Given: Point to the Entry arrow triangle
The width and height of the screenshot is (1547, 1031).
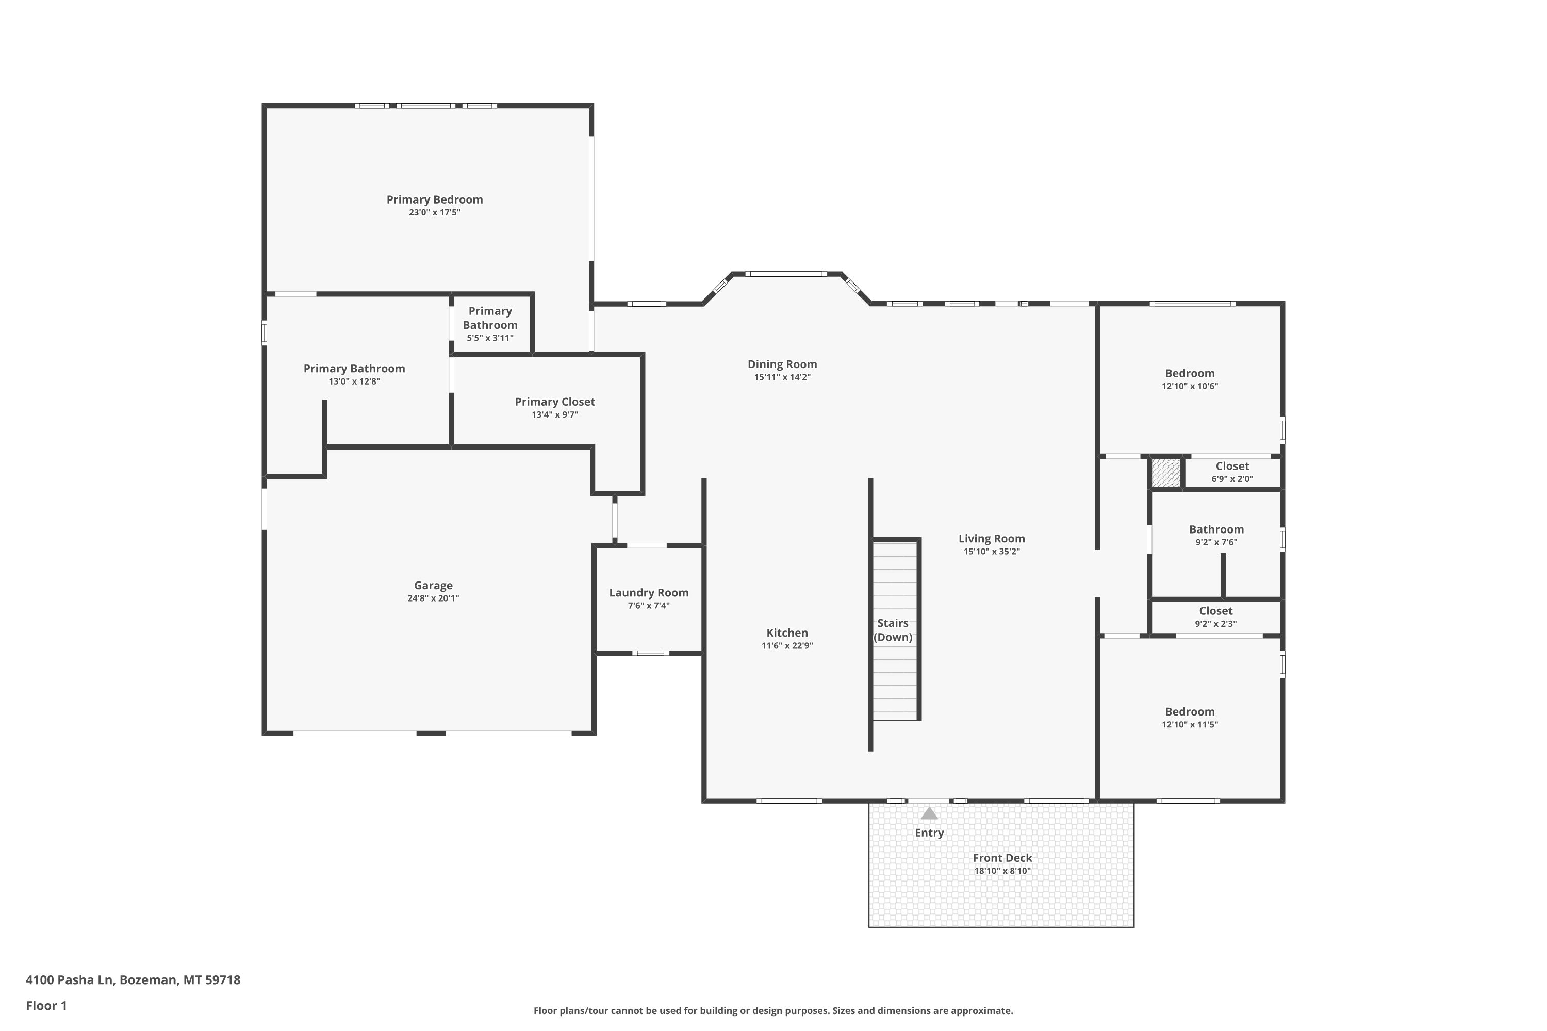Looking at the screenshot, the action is [929, 813].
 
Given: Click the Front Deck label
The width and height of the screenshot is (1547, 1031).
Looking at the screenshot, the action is [1002, 858].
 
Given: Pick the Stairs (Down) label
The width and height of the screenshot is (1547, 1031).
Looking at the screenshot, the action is [893, 630].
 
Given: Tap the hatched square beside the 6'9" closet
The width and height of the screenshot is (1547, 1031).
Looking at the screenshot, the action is [1165, 473].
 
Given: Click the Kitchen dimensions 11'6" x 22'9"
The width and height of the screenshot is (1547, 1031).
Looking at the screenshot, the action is [787, 646].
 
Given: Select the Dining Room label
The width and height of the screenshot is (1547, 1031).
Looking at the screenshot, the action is [782, 364].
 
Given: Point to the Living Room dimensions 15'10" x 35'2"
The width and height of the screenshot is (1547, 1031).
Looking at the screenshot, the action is [991, 552].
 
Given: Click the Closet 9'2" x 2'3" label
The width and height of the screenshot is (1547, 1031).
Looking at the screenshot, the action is [1215, 611].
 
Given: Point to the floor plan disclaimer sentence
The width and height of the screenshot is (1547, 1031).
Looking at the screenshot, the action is [773, 1010].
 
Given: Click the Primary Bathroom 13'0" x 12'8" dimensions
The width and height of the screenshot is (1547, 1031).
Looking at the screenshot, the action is [355, 381].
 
